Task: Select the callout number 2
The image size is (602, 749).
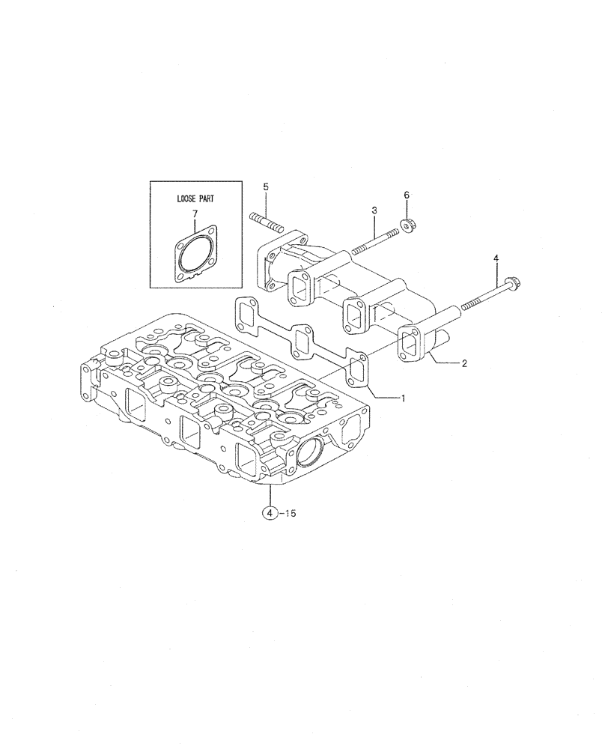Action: point(464,363)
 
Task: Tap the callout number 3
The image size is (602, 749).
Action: point(374,211)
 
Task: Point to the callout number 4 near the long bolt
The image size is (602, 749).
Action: point(495,258)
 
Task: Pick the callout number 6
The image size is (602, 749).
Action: point(407,195)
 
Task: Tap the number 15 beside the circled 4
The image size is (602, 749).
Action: point(289,513)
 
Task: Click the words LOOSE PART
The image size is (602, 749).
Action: point(195,199)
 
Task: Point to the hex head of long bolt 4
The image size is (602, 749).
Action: point(513,283)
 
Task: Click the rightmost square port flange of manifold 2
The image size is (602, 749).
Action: point(413,342)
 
